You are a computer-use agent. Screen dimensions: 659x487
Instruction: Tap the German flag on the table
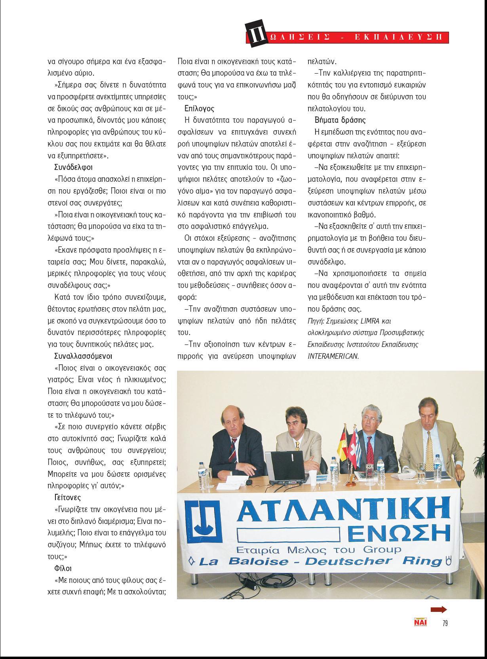tap(342, 444)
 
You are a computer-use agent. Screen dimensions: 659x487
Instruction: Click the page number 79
tap(445, 623)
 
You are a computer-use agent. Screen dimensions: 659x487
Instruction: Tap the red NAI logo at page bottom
tap(420, 622)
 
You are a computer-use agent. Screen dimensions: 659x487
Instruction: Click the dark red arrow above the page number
tap(438, 609)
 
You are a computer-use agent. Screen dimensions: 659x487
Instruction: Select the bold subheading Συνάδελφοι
tap(73, 167)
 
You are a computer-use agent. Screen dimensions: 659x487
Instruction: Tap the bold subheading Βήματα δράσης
tap(340, 120)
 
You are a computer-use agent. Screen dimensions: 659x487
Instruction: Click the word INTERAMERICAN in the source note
tap(333, 356)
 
